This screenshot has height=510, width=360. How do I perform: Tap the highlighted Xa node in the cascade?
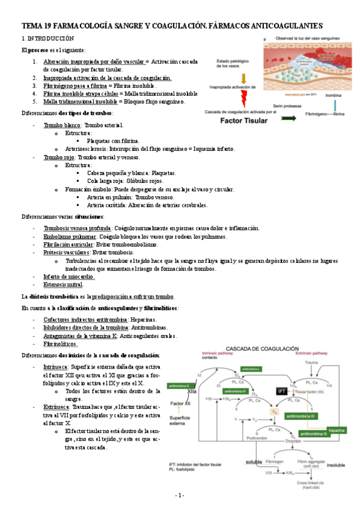click(x=274, y=411)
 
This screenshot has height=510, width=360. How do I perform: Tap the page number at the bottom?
click(x=179, y=495)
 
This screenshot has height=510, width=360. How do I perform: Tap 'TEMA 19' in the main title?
click(x=38, y=25)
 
